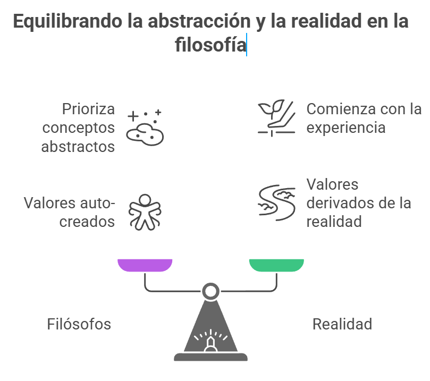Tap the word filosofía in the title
click(x=210, y=45)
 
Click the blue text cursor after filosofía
click(x=247, y=45)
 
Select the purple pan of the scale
click(x=145, y=265)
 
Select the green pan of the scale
click(x=276, y=265)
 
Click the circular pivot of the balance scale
click(x=210, y=291)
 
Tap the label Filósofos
click(x=79, y=324)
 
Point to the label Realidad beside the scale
click(x=342, y=324)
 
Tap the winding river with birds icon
click(x=276, y=202)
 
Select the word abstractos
click(x=78, y=146)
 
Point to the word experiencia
click(x=345, y=128)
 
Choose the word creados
click(x=87, y=221)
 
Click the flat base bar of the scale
click(x=210, y=357)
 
